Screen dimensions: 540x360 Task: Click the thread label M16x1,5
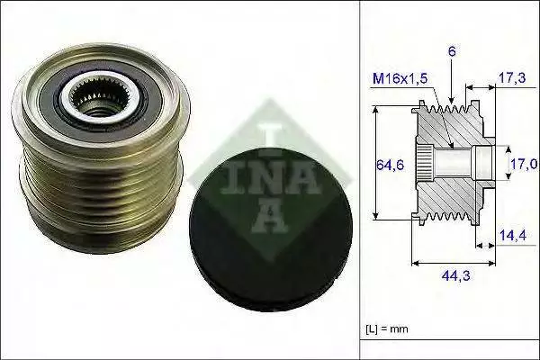400,78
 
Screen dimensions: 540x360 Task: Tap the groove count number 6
452,51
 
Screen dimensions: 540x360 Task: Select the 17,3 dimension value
512,78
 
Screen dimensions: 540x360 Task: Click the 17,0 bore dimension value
524,165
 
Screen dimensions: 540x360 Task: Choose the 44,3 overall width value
455,275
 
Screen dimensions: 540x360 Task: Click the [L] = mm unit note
387,328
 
